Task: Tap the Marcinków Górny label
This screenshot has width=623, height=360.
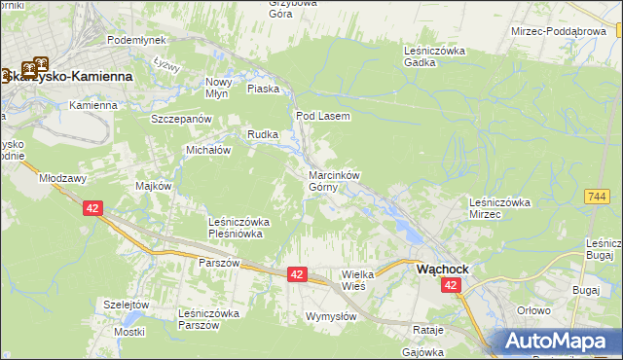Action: pos(334,181)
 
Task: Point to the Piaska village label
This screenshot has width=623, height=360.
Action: pos(264,89)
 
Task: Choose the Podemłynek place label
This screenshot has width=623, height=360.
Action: pos(137,39)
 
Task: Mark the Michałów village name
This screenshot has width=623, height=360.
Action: pos(208,150)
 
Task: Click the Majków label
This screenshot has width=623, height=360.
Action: pos(155,186)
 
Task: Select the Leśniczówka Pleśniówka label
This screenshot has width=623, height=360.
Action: pos(239,228)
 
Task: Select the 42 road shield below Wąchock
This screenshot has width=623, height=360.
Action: pos(450,285)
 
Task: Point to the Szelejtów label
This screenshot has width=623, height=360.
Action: pos(126,304)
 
